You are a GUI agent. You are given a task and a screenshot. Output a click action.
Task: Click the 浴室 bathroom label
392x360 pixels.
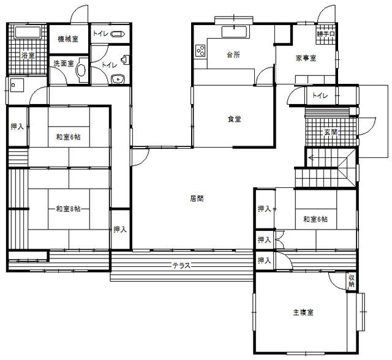(x=28, y=55)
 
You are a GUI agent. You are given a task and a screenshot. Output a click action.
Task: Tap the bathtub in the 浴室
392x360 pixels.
(x=28, y=32)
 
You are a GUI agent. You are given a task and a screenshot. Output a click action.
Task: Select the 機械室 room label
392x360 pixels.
(x=68, y=39)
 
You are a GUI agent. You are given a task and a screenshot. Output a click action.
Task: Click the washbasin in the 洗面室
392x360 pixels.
(x=81, y=70)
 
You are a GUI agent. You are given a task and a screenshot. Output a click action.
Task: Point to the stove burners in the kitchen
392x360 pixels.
(x=200, y=51)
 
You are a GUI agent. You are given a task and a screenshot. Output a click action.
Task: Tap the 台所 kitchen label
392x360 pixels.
(x=233, y=54)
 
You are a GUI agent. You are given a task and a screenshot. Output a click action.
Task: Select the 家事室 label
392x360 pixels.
(x=306, y=58)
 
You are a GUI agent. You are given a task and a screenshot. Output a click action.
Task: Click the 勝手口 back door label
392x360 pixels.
(x=326, y=34)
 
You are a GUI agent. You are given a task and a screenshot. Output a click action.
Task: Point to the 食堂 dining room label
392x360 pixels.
(x=234, y=119)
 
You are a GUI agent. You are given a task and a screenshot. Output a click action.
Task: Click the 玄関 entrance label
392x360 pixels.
(x=331, y=132)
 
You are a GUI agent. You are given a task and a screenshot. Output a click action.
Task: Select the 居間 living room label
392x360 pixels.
(x=197, y=198)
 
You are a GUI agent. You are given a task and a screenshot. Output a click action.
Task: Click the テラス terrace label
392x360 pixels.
(x=181, y=266)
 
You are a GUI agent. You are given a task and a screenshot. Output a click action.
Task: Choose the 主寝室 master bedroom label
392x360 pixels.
(x=303, y=312)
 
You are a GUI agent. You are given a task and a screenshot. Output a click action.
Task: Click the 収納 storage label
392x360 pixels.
(x=351, y=280)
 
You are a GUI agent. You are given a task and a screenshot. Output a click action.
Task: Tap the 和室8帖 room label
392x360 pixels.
(x=68, y=209)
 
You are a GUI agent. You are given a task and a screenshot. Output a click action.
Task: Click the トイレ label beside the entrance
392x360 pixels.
(x=320, y=95)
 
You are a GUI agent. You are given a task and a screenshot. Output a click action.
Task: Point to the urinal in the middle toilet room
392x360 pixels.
(x=125, y=60)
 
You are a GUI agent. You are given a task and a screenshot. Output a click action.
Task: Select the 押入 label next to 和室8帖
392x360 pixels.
(x=120, y=230)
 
